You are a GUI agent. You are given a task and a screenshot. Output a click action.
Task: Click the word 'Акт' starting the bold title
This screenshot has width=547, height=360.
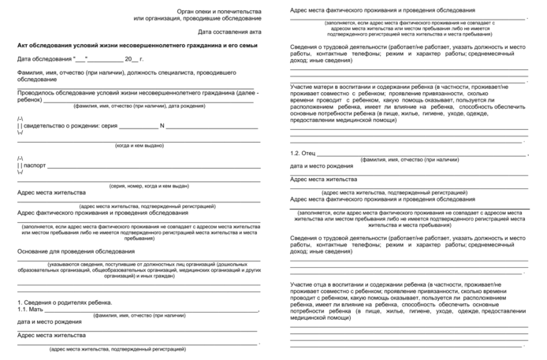tap(23, 47)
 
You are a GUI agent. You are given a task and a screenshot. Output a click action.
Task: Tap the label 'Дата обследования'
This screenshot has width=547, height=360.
tap(43, 59)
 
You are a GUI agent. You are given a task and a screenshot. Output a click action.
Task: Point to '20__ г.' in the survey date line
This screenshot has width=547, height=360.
tap(135, 59)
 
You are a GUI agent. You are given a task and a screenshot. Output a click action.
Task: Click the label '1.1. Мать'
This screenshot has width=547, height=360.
tap(32, 311)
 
